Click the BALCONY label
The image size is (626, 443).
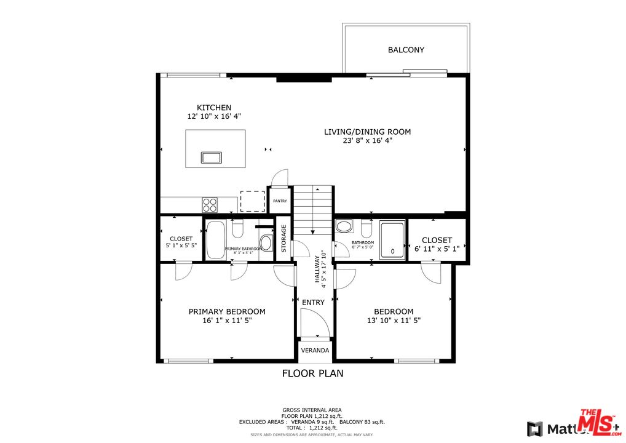[406, 50]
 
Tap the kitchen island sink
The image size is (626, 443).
[211, 158]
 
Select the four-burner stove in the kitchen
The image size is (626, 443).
[210, 204]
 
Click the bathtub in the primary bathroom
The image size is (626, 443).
[215, 239]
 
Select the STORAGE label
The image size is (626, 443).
[283, 238]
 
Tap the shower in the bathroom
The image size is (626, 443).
[392, 240]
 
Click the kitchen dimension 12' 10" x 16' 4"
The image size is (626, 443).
[214, 116]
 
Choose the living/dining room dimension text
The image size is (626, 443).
[367, 140]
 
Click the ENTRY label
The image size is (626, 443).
[313, 303]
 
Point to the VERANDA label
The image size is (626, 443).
[315, 350]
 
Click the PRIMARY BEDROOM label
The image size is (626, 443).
[227, 311]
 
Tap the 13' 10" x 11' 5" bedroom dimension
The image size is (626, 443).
[394, 321]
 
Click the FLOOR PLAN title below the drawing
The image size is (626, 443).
[312, 373]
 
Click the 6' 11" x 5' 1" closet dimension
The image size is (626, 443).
[437, 248]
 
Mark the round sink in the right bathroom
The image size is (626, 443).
[344, 226]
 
